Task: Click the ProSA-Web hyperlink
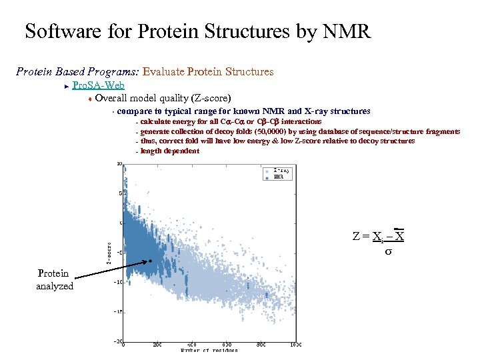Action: (97, 85)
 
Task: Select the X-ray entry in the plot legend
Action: (281, 171)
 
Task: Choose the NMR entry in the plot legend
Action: (279, 177)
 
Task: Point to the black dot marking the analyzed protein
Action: (151, 261)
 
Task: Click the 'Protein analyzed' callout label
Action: (53, 279)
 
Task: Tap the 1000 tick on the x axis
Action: (295, 345)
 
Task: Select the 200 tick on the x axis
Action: (157, 345)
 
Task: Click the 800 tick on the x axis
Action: (261, 345)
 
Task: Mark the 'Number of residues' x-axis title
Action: (209, 351)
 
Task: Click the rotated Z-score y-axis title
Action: (109, 251)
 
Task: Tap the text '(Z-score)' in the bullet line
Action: (208, 98)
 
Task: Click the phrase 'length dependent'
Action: (169, 151)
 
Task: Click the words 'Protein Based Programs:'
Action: (77, 71)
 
